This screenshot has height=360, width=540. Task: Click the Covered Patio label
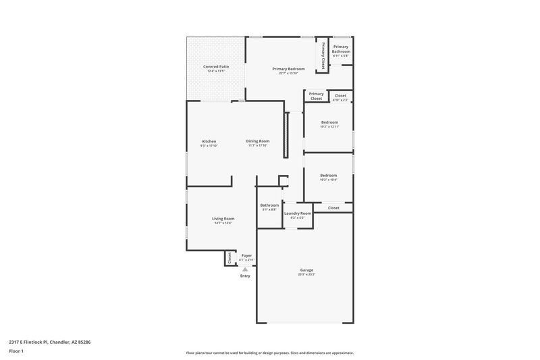(x=216, y=67)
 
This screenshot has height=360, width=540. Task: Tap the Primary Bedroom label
(x=288, y=69)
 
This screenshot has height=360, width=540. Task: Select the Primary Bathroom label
(x=341, y=49)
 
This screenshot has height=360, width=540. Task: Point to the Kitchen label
(x=209, y=141)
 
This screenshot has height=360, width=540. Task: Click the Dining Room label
(x=258, y=141)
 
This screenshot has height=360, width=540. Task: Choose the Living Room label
(x=223, y=219)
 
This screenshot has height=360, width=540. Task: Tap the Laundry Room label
(x=297, y=213)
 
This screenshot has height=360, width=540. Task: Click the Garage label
(x=306, y=270)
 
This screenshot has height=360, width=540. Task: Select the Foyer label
(x=246, y=256)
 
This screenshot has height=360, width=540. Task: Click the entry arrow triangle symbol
(x=245, y=269)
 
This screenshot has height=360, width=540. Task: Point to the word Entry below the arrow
(x=245, y=276)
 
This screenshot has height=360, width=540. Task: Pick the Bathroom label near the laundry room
(x=269, y=205)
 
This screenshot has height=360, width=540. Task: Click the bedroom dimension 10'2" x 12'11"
(x=329, y=126)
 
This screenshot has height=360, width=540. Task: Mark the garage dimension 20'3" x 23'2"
(x=306, y=274)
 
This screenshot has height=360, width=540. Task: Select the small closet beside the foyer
(x=230, y=257)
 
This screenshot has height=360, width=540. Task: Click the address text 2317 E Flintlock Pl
(x=50, y=342)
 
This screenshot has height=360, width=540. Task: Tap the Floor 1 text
(x=17, y=352)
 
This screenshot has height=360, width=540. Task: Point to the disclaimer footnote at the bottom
(x=269, y=353)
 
